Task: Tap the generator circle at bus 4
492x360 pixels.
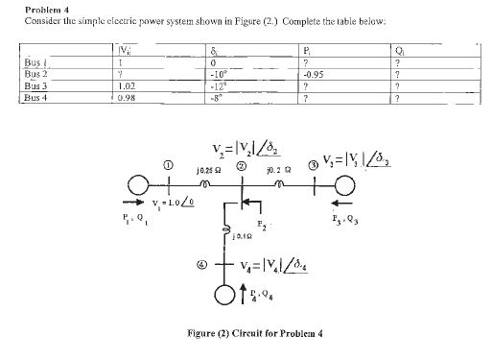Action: coord(223,292)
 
